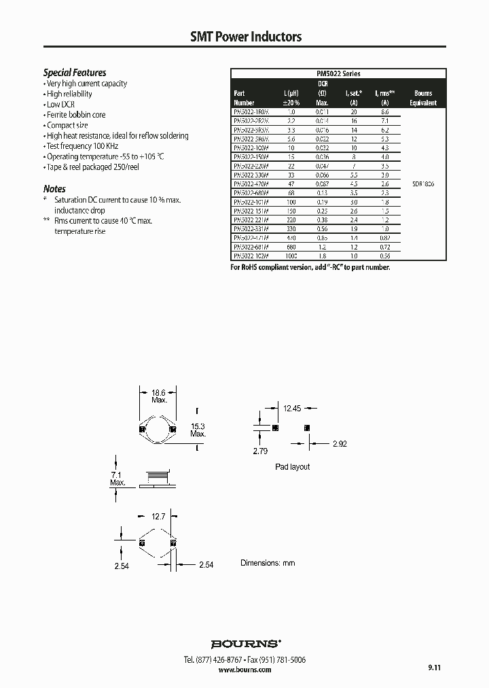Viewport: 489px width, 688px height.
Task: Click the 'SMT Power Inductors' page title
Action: pos(245,37)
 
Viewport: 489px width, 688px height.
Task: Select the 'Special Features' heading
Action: pos(75,72)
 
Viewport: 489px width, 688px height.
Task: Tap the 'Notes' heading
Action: pos(54,188)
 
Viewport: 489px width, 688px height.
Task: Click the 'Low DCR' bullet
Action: pos(60,105)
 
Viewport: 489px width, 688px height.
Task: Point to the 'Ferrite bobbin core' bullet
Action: pos(76,115)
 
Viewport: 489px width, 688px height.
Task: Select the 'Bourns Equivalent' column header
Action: pos(423,98)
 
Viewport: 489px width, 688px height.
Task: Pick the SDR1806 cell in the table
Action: pos(423,184)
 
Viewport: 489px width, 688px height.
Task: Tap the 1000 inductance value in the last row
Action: pos(291,257)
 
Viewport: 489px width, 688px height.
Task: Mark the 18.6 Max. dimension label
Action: pos(159,397)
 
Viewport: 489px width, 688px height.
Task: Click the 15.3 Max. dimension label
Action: pos(198,429)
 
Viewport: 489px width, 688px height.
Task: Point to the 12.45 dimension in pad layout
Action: pos(292,408)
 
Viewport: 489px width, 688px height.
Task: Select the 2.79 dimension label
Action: pos(260,451)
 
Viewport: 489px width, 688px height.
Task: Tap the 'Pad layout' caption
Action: pos(292,466)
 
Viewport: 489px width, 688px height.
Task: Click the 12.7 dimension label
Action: pos(158,517)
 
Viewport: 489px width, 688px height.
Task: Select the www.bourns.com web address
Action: pos(245,670)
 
